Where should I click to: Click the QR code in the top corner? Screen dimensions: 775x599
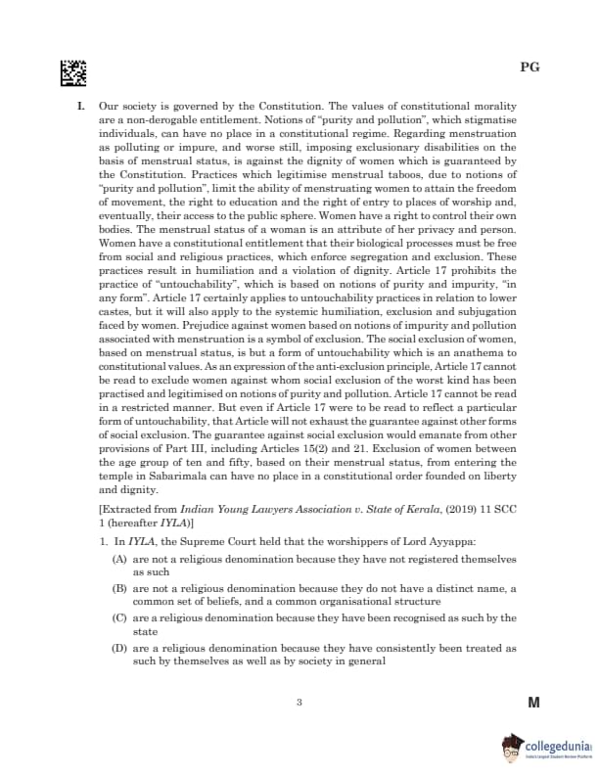(73, 71)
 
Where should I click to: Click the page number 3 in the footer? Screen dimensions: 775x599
(299, 702)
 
